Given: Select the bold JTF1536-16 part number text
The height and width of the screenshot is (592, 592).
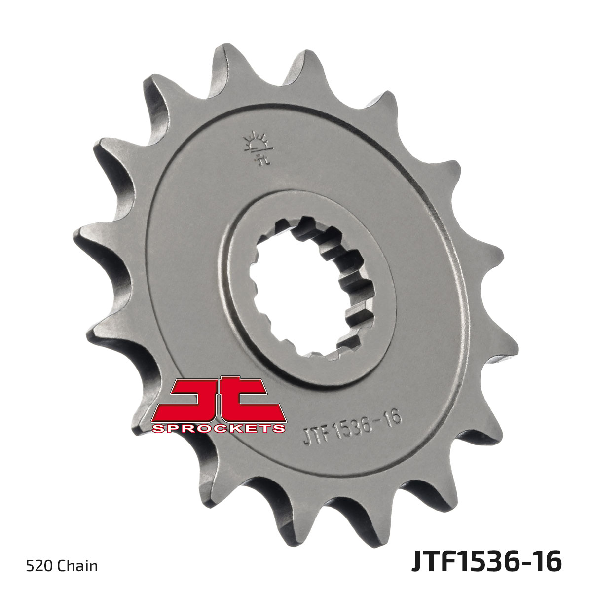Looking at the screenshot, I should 486,563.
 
